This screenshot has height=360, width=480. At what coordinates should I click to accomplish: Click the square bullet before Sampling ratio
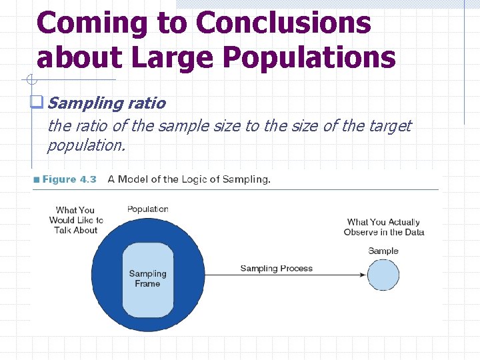coord(37,103)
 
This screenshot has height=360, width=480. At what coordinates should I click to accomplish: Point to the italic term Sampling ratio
coord(107,103)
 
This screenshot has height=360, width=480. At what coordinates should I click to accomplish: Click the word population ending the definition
coord(85,144)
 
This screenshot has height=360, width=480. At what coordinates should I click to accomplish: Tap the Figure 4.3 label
coord(69,179)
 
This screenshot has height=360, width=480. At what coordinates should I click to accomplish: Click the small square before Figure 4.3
coord(37,179)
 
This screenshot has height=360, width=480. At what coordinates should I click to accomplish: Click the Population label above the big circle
coord(147,209)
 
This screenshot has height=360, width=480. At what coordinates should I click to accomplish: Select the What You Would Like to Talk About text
coord(76,220)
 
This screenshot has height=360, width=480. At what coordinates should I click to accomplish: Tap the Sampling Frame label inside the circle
coord(147,279)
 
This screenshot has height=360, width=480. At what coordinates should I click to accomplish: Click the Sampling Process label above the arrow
coord(276,269)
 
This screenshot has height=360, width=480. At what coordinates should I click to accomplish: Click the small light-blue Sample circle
coord(383,275)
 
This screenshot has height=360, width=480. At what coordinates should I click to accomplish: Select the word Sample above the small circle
coord(383,251)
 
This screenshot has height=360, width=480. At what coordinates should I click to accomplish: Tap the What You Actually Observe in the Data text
coord(383,227)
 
